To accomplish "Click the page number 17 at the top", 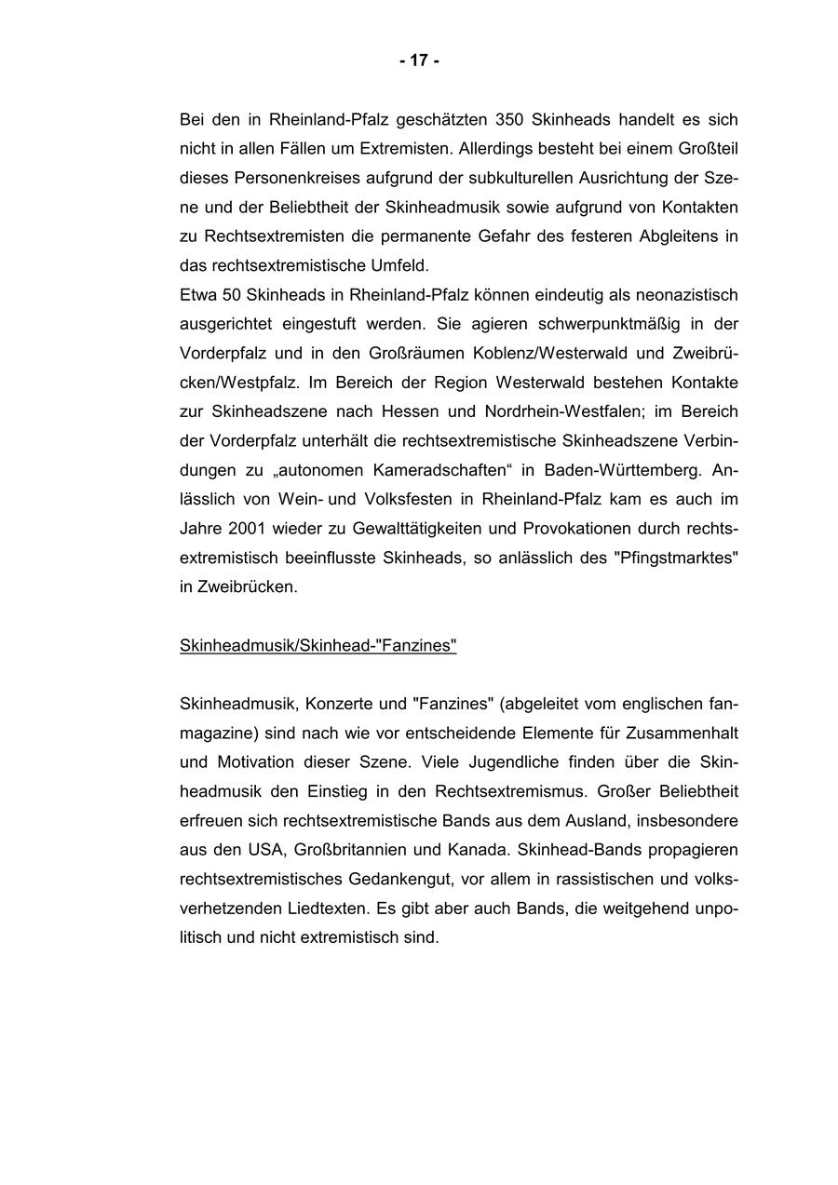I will coord(419,61).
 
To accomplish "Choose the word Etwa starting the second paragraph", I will coord(196,295).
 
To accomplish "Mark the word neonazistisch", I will coord(686,295).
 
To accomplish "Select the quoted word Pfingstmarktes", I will coord(677,558).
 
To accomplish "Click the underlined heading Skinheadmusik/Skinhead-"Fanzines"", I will coord(318,645).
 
